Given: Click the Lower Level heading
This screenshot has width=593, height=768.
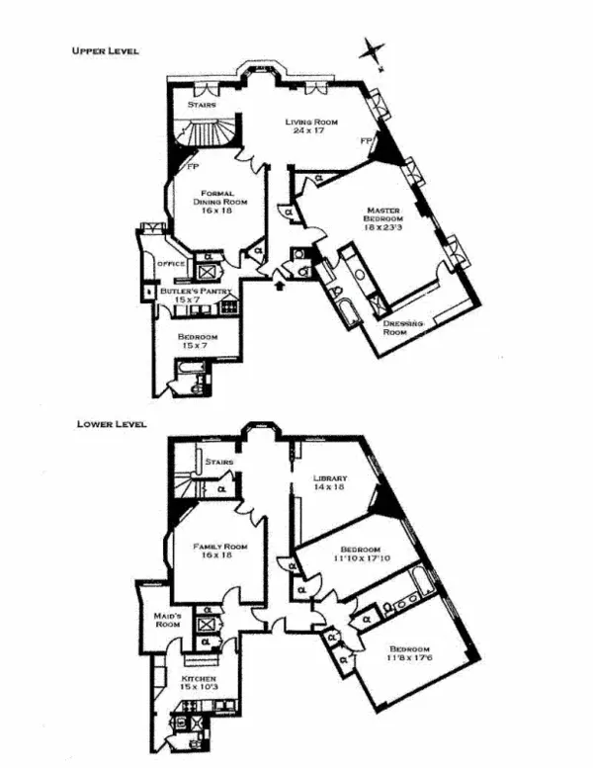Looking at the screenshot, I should click(x=112, y=425).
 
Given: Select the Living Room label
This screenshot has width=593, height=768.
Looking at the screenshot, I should click(x=311, y=127).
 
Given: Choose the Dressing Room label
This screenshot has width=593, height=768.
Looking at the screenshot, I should click(x=403, y=328).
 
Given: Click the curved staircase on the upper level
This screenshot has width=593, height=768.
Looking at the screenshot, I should click(x=209, y=133).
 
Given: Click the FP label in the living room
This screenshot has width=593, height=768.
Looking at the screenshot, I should click(x=366, y=142).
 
